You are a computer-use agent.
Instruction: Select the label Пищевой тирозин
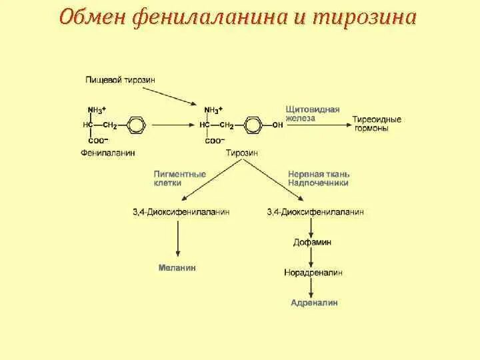[120, 80]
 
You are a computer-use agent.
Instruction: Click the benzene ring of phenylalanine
[135, 125]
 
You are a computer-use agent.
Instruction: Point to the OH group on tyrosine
[277, 125]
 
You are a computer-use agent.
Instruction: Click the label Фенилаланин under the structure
[107, 153]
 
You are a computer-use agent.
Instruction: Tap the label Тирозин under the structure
[241, 153]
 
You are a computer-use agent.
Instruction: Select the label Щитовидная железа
[313, 113]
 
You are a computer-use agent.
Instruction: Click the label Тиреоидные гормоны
[377, 123]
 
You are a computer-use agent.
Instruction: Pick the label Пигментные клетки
[180, 178]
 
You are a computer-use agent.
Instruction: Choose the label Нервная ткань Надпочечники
[318, 178]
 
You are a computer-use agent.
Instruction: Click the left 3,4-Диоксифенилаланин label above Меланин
[181, 211]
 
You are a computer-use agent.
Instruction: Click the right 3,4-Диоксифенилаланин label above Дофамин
[315, 211]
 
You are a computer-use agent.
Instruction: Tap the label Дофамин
[312, 242]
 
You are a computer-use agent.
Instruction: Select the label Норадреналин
[312, 273]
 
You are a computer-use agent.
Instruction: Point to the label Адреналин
[314, 303]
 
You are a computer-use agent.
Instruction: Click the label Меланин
[177, 267]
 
